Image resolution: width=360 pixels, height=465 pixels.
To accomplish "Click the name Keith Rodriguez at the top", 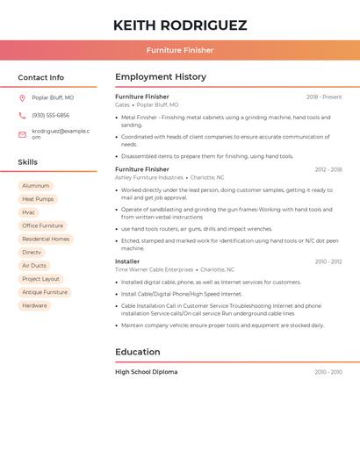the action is point(180,25).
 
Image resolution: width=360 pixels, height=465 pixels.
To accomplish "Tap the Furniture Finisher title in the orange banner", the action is point(180,50).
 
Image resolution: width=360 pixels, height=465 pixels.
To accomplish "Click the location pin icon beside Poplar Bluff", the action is point(22,97).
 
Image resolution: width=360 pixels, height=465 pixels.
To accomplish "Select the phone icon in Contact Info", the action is point(22,115).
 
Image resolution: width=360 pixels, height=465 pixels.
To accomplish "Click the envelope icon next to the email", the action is point(22,134).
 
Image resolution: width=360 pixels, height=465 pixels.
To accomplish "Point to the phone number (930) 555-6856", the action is point(50,115).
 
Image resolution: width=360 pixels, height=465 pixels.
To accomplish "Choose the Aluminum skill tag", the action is point(36,186).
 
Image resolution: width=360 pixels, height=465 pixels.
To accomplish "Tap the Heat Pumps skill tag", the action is point(38,199).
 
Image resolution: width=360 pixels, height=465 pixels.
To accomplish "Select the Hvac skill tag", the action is point(29,212).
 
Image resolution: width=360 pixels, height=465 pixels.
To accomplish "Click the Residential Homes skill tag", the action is point(46,239).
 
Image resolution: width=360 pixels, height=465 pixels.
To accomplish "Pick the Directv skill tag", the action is point(32,252).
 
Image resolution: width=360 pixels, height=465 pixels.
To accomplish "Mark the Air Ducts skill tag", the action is point(34,266).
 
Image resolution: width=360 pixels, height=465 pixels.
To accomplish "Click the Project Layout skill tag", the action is point(40,279).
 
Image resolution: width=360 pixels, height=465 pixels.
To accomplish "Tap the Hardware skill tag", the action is point(35,305).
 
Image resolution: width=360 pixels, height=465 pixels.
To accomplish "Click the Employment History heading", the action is point(161,77).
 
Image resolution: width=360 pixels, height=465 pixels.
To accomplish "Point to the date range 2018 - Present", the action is point(324,97).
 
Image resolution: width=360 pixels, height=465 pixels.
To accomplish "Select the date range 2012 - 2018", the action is point(328,169).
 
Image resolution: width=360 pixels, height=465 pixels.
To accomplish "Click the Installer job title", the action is point(127,261).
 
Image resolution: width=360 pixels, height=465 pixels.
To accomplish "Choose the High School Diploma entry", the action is point(146,372).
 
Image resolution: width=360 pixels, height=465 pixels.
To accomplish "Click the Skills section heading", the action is point(28,162).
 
